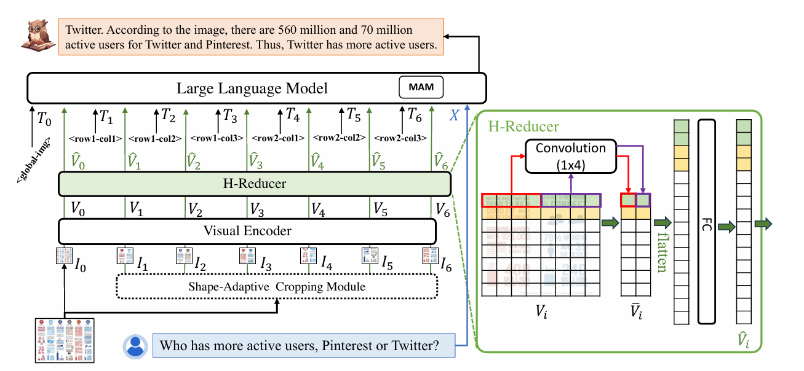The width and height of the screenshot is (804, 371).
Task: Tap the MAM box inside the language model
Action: coord(421,88)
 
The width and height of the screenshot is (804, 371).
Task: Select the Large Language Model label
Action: coord(252,88)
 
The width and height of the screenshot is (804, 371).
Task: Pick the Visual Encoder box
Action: coord(247,231)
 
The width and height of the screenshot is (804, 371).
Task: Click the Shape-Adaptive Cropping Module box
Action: coord(277,286)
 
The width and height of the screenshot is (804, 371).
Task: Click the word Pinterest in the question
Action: coord(333,345)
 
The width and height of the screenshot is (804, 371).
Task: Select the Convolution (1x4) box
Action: coord(570,155)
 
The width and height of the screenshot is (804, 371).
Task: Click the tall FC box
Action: coord(707,222)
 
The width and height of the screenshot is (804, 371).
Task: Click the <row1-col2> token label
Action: coord(155,138)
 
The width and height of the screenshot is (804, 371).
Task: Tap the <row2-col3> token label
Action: coord(400,138)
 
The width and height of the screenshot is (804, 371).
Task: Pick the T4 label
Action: coord(292,114)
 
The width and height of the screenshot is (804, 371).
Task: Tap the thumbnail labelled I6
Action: coord(429,255)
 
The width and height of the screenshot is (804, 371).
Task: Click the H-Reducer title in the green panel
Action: coord(523,127)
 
